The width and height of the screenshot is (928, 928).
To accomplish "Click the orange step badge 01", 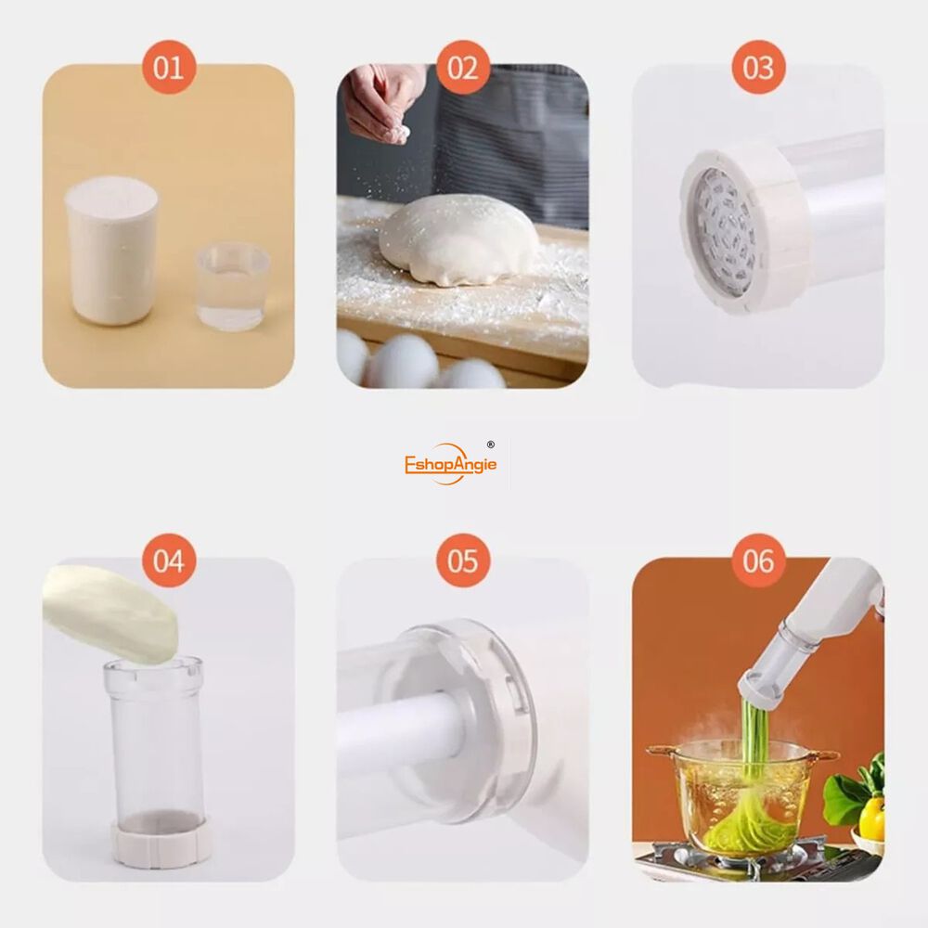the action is point(169,67).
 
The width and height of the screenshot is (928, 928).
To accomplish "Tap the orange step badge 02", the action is point(463,67).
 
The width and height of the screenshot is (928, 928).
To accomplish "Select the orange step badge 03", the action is point(758,67).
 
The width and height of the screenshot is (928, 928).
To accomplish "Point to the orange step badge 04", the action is point(169,561).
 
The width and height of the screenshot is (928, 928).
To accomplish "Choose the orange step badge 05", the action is point(463,561).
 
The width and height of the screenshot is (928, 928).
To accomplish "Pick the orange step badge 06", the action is point(758,561).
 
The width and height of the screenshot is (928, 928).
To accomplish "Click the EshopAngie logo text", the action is point(450,465).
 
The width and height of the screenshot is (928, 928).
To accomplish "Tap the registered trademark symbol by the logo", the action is point(490,445).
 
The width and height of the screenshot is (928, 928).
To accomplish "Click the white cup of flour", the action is point(111,251).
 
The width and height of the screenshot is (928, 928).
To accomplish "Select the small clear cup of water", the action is point(233,289).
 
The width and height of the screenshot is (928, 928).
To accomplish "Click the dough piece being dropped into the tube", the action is point(112,612).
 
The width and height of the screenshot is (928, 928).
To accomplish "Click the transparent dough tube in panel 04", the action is point(155,740).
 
